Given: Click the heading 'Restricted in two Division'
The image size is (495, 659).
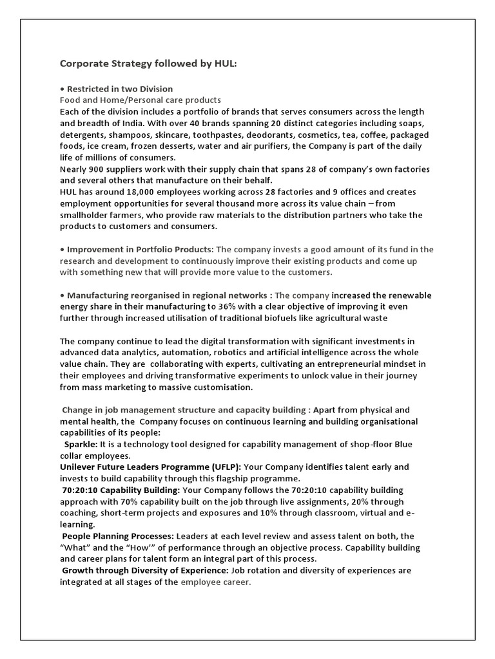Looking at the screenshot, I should pyautogui.click(x=120, y=89).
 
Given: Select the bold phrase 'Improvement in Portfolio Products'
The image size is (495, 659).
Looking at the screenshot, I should pyautogui.click(x=140, y=249).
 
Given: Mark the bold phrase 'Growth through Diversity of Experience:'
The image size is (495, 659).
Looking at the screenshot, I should pyautogui.click(x=144, y=570).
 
